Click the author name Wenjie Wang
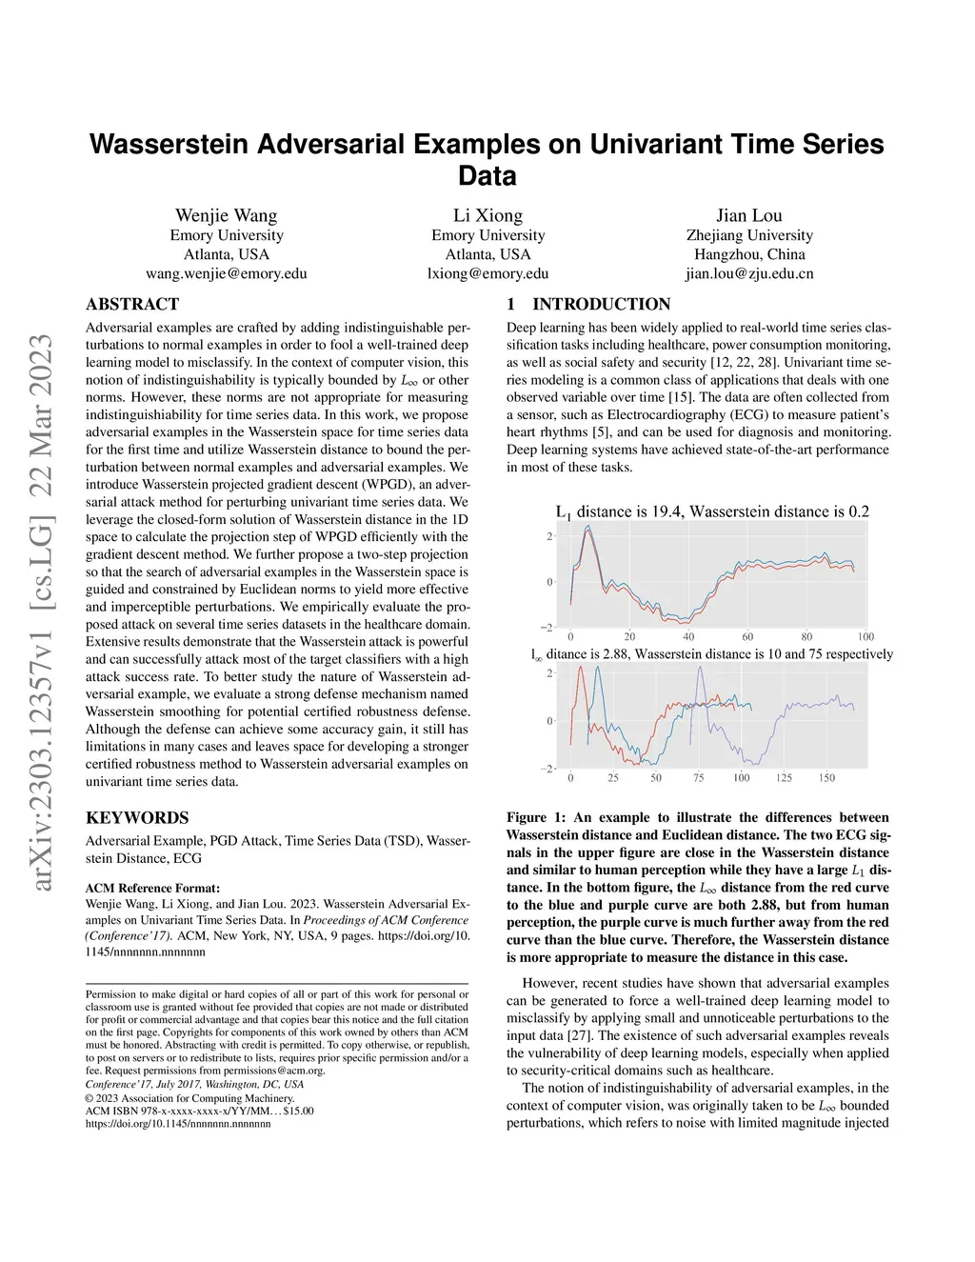point(227,215)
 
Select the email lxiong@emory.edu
point(487,273)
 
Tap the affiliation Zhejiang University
point(749,235)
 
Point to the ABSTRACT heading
point(132,305)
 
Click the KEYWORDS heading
point(137,817)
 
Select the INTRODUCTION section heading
point(601,305)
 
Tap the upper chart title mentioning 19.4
point(712,511)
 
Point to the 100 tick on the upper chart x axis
point(865,636)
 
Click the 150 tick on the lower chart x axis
point(826,777)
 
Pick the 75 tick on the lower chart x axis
point(699,777)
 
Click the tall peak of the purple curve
point(700,667)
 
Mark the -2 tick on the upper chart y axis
point(547,627)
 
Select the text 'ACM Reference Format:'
point(152,888)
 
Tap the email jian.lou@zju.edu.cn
point(749,273)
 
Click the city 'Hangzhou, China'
point(749,254)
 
